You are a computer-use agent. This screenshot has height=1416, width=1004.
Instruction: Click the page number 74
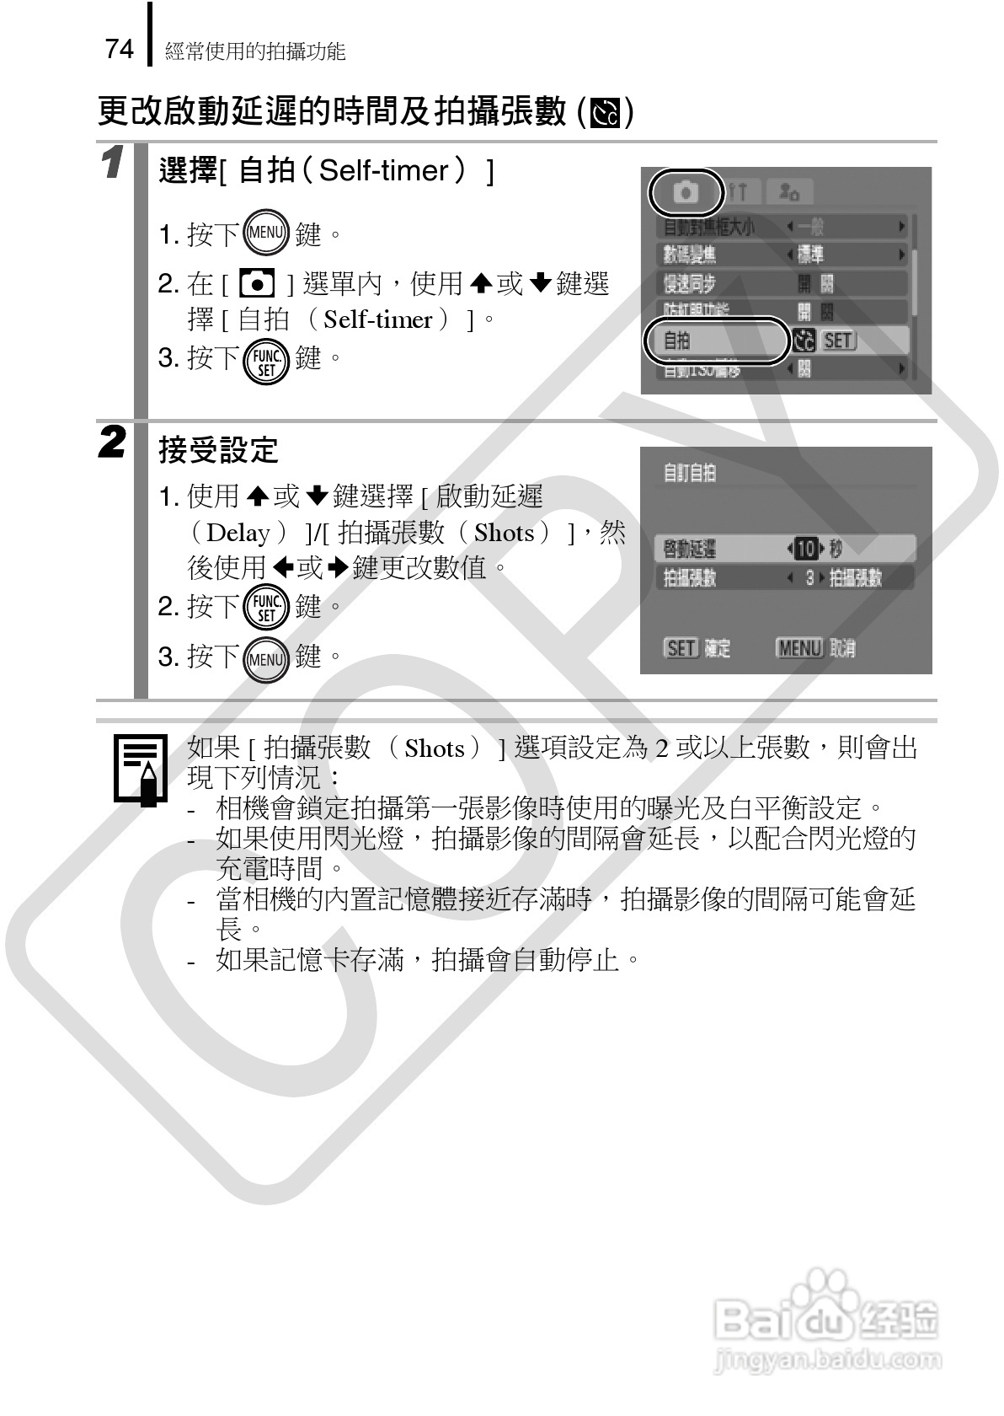(120, 49)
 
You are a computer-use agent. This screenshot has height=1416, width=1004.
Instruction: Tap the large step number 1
(113, 163)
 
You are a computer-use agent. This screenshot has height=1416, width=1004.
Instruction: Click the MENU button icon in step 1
(265, 232)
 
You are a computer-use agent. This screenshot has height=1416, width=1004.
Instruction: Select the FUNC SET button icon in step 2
(265, 608)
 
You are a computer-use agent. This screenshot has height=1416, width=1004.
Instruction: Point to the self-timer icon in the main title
(606, 113)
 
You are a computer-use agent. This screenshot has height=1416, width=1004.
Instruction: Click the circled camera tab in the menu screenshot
(686, 192)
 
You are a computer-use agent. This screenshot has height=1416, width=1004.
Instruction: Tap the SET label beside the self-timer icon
(838, 340)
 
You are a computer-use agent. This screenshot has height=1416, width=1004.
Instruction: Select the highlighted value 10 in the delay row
(806, 549)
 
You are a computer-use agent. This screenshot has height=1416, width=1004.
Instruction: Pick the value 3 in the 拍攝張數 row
(809, 578)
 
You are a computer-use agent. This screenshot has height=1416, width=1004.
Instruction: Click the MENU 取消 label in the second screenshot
(814, 647)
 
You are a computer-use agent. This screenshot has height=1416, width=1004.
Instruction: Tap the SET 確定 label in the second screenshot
(697, 647)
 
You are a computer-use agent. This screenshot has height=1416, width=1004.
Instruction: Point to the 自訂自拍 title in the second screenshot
(689, 473)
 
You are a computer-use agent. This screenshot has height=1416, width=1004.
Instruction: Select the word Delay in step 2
(238, 533)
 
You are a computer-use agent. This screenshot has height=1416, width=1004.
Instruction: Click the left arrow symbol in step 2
(283, 568)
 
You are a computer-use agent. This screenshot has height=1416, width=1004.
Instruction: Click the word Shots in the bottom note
(435, 748)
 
